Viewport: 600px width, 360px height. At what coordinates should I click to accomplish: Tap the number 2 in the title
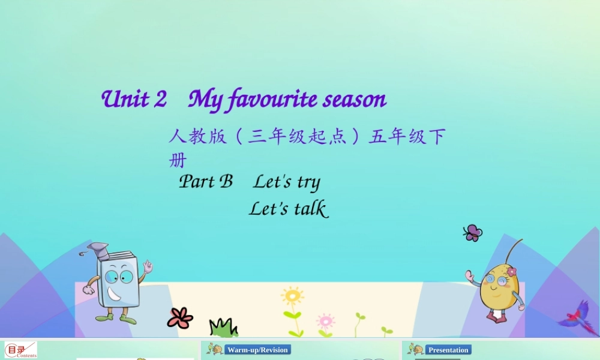pyautogui.click(x=160, y=99)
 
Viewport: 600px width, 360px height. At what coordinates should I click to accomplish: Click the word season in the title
pyautogui.click(x=355, y=100)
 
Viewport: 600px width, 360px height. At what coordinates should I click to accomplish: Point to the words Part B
pyautogui.click(x=206, y=181)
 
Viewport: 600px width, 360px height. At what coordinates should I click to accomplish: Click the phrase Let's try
pyautogui.click(x=287, y=182)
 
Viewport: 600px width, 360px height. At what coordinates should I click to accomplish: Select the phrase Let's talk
pyautogui.click(x=288, y=209)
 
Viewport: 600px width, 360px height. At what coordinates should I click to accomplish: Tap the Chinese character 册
pyautogui.click(x=178, y=161)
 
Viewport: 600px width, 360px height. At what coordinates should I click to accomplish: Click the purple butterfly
pyautogui.click(x=473, y=233)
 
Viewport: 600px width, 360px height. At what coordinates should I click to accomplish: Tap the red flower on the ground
pyautogui.click(x=180, y=317)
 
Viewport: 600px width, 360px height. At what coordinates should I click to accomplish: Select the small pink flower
pyautogui.click(x=325, y=321)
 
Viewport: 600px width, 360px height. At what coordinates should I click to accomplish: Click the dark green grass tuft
pyautogui.click(x=223, y=328)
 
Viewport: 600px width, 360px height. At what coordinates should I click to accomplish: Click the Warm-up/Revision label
pyautogui.click(x=257, y=350)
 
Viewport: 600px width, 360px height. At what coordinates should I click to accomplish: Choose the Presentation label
pyautogui.click(x=448, y=350)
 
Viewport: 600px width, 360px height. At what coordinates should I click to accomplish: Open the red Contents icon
pyautogui.click(x=20, y=350)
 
